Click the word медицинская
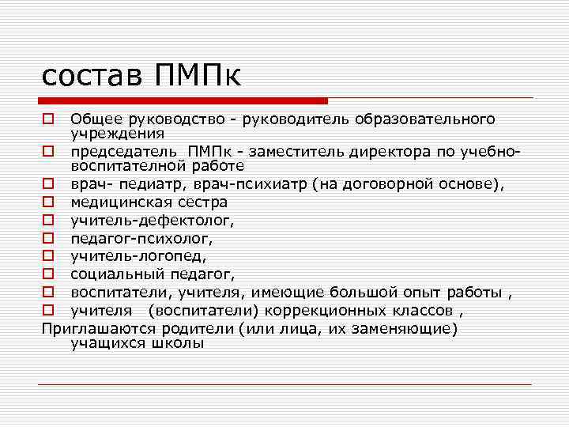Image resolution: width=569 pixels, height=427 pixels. click(x=120, y=202)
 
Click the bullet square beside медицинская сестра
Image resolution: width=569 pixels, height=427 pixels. click(x=47, y=202)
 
